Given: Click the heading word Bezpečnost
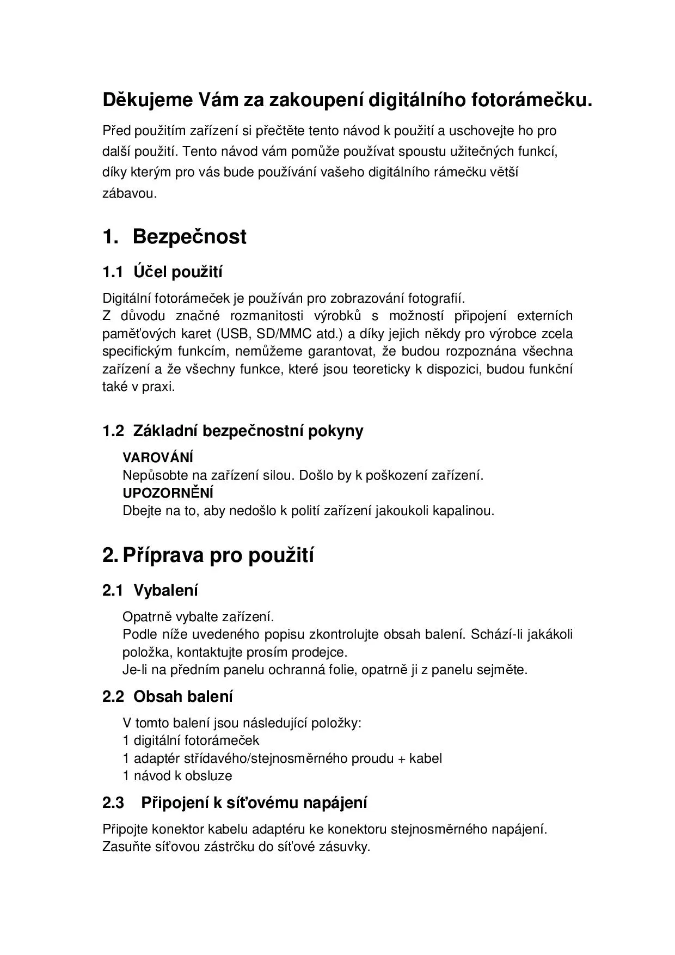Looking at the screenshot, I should [x=189, y=237].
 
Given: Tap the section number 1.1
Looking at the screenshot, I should [x=113, y=272].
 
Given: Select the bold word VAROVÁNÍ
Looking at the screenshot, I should [x=158, y=458].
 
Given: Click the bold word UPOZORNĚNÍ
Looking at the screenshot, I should [x=168, y=493].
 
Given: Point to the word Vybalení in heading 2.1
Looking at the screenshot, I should [x=165, y=590].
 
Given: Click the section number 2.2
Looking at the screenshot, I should [x=113, y=696].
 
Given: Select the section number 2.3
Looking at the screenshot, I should [x=113, y=803].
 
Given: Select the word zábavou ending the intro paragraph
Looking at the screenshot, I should [x=130, y=193].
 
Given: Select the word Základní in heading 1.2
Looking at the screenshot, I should [x=165, y=431].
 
